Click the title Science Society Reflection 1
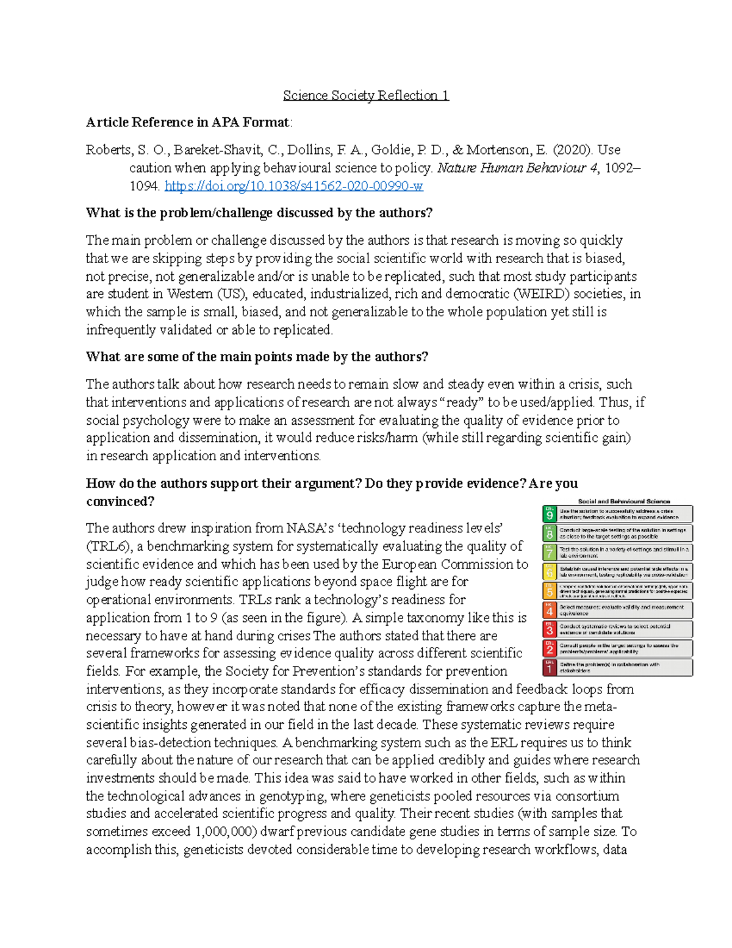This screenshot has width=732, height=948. (365, 95)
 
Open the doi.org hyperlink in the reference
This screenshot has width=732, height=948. (293, 186)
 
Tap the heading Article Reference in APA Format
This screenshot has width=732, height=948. (188, 122)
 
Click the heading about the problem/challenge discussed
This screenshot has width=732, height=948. (259, 213)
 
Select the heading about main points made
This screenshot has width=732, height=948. (257, 357)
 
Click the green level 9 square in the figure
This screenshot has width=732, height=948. (550, 514)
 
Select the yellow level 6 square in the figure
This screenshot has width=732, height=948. (550, 571)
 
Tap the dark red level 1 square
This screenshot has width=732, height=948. (550, 667)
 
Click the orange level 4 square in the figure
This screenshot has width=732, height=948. (550, 610)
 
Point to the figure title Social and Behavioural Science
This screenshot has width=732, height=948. (623, 501)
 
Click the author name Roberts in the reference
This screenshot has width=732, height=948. (108, 150)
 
